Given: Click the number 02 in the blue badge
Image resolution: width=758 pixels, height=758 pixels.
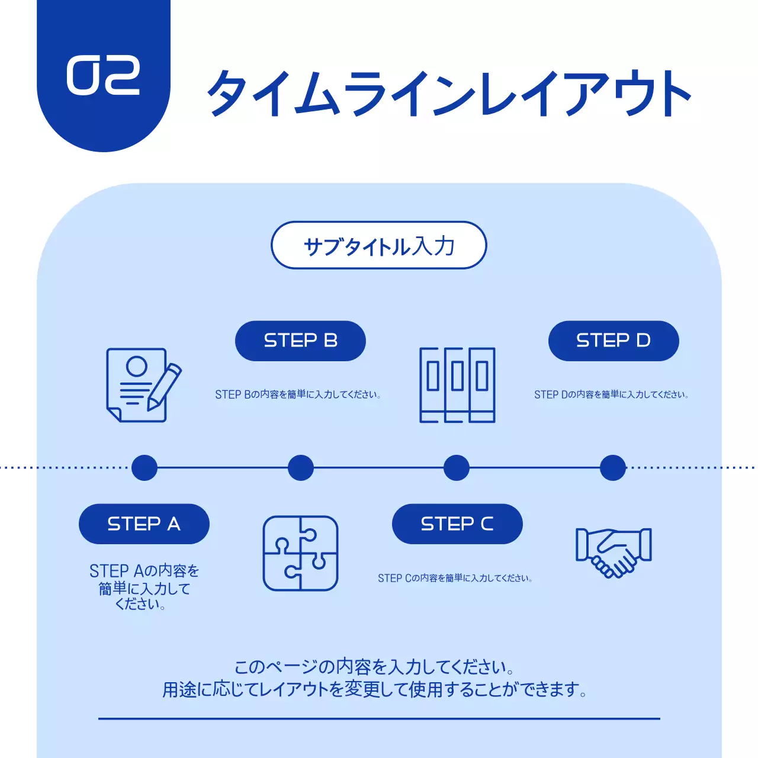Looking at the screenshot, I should click(x=103, y=76).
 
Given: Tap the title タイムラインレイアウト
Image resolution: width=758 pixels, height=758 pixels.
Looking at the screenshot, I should click(x=448, y=93).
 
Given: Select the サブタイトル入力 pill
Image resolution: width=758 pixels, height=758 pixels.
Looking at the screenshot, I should click(x=378, y=245).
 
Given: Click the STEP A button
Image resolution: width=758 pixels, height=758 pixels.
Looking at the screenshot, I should click(x=144, y=524).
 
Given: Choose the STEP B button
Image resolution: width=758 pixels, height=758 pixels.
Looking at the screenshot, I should click(x=300, y=341).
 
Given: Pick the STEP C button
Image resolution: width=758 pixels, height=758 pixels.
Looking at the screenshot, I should click(x=457, y=524).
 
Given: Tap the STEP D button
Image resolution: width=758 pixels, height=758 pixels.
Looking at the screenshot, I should click(x=613, y=341).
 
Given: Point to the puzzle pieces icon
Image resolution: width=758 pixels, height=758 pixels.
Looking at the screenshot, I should click(x=300, y=553).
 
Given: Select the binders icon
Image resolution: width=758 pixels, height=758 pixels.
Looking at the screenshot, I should click(x=457, y=385).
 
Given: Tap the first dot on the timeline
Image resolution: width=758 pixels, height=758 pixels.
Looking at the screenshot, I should click(x=144, y=468).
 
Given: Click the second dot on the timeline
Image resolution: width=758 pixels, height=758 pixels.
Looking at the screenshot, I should click(x=300, y=468).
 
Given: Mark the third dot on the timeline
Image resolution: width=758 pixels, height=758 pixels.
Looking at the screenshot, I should click(x=457, y=468).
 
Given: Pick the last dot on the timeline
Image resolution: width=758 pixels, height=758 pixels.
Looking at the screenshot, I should click(x=613, y=468).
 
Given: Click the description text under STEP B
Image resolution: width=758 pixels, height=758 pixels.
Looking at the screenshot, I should click(x=298, y=394).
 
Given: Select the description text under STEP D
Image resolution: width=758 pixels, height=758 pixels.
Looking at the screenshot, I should click(x=611, y=394).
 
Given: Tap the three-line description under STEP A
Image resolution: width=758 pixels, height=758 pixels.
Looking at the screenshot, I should click(x=144, y=587).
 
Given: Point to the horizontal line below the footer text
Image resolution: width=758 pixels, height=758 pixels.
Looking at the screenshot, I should click(x=379, y=718).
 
